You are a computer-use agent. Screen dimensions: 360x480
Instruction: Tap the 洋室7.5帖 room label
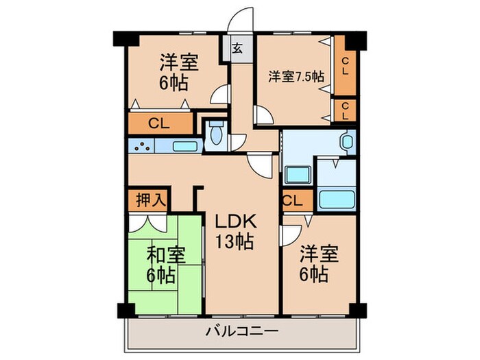(x=296, y=77)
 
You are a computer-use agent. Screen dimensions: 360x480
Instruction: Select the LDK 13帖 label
(x=237, y=232)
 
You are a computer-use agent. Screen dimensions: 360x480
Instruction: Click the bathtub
(x=337, y=200)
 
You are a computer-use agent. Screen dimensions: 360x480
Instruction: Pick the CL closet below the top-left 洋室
(x=160, y=124)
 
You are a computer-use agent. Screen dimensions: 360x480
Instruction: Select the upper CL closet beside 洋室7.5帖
(x=345, y=67)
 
